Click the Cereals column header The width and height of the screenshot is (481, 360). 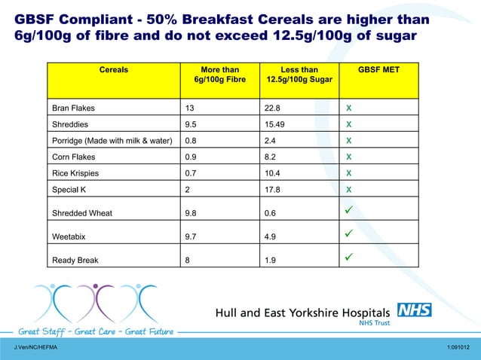pos(114,70)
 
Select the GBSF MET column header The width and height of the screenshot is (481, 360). pos(378,70)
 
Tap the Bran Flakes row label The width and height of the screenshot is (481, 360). pos(73,108)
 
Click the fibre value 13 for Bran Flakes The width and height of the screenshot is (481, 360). pos(189,108)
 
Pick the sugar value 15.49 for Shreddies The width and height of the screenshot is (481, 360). pos(274,124)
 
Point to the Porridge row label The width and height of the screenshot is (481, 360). pos(112,141)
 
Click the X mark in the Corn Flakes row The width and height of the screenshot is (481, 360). pos(349,157)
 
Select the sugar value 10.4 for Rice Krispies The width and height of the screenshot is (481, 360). pos(272,173)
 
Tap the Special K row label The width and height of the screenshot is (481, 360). pos(69,190)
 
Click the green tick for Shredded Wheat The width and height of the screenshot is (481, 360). pos(349,210)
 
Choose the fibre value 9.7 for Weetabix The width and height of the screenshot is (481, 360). pos(191,236)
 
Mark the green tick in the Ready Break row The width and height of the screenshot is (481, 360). pos(349,257)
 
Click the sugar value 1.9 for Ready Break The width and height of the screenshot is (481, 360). pos(270,261)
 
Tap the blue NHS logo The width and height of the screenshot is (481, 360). pos(415,310)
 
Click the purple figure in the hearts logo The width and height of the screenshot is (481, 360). pos(97,303)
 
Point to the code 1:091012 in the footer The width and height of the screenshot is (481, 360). pos(458,347)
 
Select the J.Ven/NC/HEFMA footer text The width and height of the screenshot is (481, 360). pos(35,347)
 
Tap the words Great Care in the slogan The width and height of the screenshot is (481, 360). pos(95,332)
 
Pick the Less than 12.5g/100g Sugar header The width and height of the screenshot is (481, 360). pos(299,75)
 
